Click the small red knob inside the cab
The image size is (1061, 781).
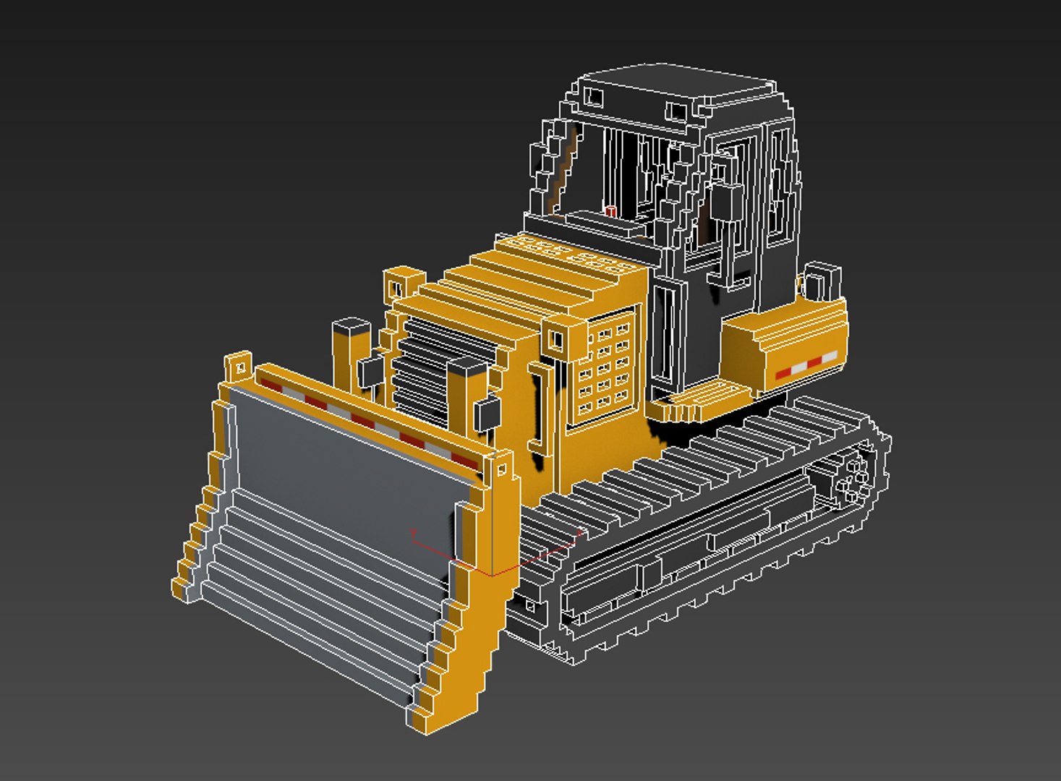[x=610, y=211]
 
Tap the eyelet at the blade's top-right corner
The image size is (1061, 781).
[x=500, y=469]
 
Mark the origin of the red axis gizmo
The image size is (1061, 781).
[x=492, y=575]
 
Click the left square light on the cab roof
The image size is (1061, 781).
[x=594, y=96]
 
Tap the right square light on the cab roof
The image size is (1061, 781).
[x=677, y=111]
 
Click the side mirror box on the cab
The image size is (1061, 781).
[x=726, y=202]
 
